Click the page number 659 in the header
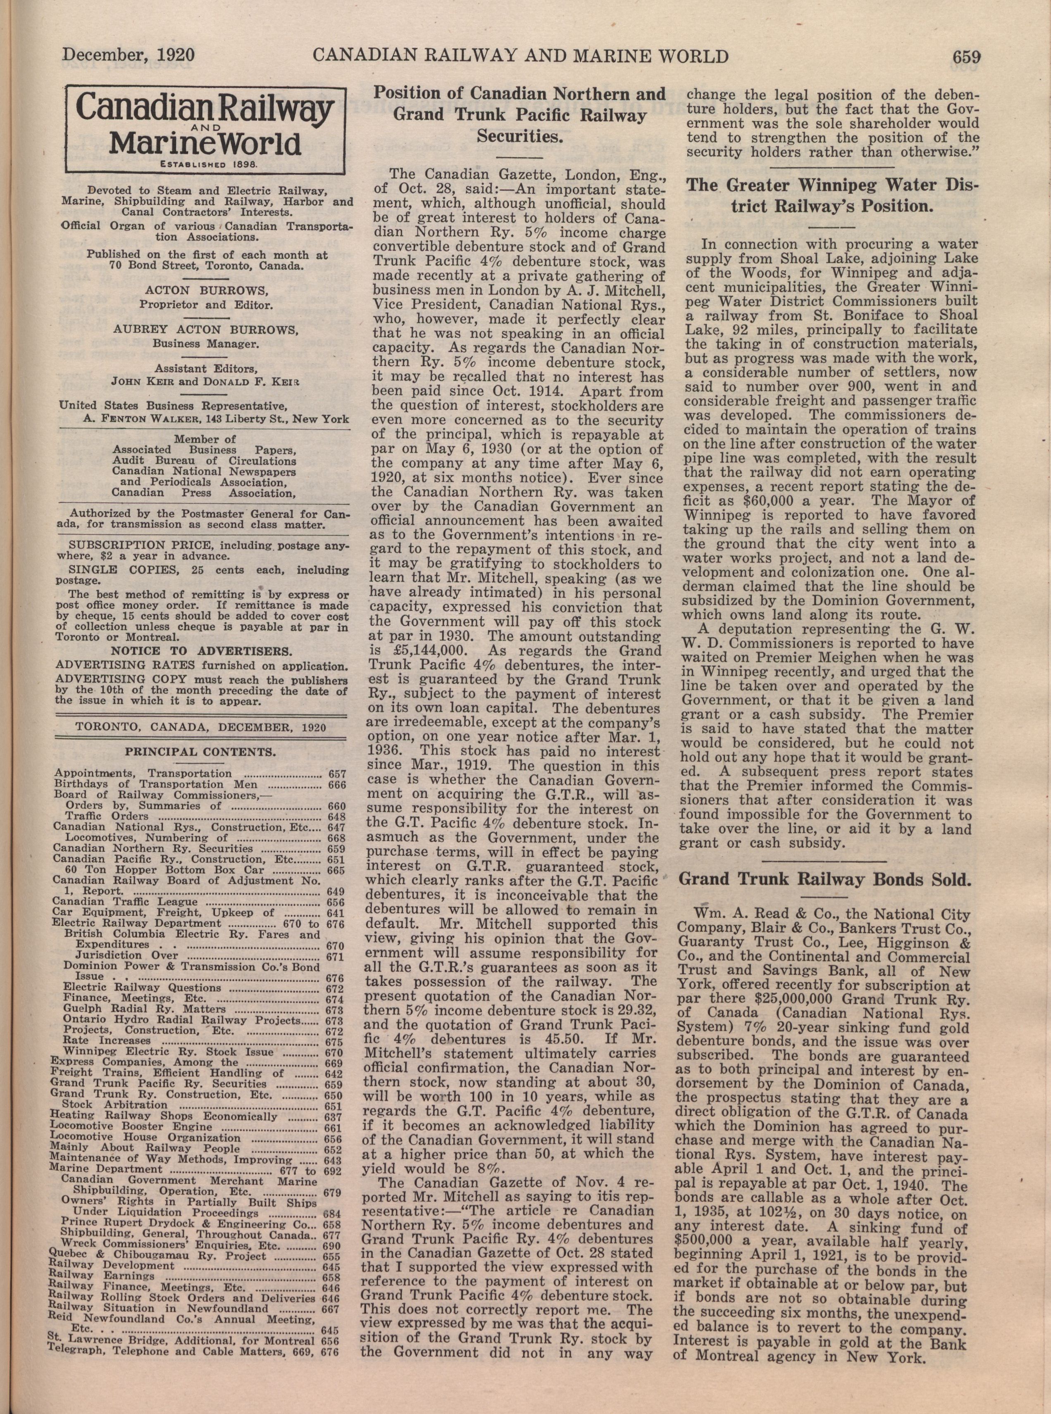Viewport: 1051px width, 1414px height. pos(966,57)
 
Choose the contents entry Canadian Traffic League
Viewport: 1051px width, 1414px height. pos(117,901)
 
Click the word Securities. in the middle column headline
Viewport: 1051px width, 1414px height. pos(519,136)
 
